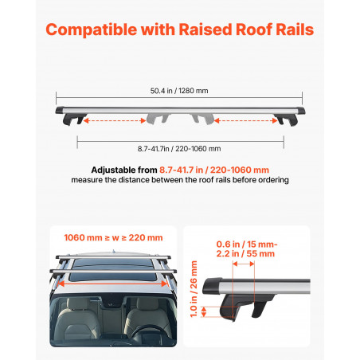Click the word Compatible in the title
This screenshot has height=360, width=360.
tap(92, 29)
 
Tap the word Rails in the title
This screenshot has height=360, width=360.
tap(295, 29)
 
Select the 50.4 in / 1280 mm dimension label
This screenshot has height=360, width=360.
tap(179, 91)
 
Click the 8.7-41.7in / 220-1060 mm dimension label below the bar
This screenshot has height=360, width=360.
tap(179, 149)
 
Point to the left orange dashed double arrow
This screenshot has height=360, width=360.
tap(115, 121)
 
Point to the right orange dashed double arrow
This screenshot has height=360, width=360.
tap(246, 121)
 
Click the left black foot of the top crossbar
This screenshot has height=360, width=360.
tap(74, 119)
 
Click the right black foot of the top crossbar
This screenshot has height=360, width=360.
tap(286, 119)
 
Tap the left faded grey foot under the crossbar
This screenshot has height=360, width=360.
tap(158, 118)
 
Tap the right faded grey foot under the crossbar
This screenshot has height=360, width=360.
tap(203, 118)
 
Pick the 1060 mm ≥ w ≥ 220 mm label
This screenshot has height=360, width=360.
tap(113, 237)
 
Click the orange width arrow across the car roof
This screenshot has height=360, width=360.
tap(113, 284)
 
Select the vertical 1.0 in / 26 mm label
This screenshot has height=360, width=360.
tap(194, 289)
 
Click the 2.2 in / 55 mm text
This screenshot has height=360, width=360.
tap(245, 254)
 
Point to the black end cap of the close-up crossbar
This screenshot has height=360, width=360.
tap(212, 286)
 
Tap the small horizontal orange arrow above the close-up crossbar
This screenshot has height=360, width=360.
tap(244, 264)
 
